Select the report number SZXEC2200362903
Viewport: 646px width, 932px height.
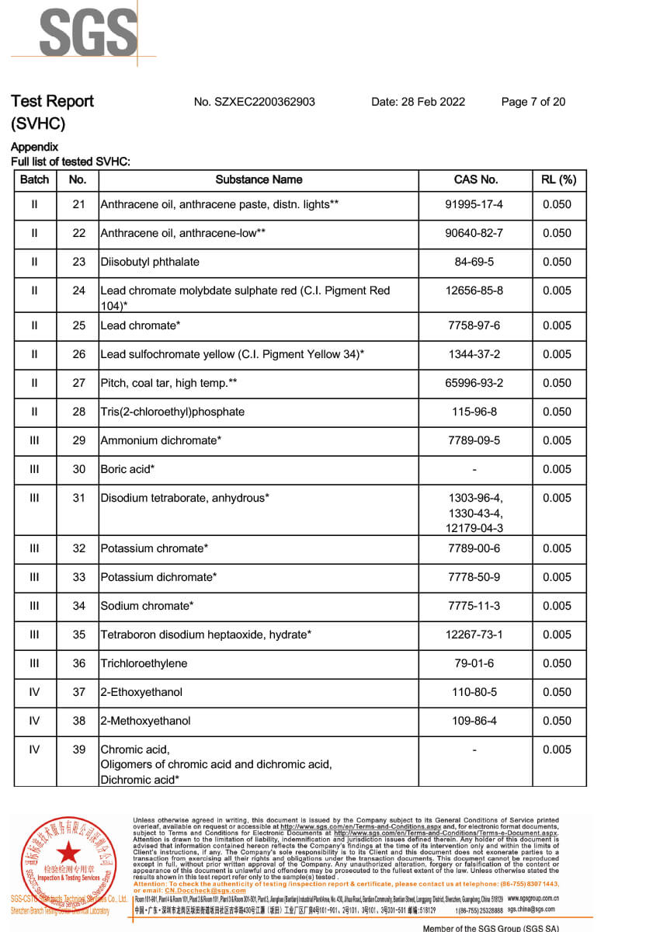[254, 102]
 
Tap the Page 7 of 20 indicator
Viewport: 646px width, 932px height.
[533, 102]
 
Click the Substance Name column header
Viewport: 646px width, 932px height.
[259, 179]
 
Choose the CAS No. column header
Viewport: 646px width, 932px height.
[475, 179]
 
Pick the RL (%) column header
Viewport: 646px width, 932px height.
[558, 179]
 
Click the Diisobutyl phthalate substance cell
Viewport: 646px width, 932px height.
[150, 262]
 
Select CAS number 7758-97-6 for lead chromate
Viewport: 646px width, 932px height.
[474, 325]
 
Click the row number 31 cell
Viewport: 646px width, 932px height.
[78, 498]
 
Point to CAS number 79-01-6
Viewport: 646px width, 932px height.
[474, 663]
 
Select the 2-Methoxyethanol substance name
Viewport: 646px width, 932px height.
[145, 721]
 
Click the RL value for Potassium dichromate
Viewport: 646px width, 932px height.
[557, 577]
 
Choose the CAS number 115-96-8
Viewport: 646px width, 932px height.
[474, 412]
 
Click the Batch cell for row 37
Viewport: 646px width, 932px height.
[34, 692]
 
